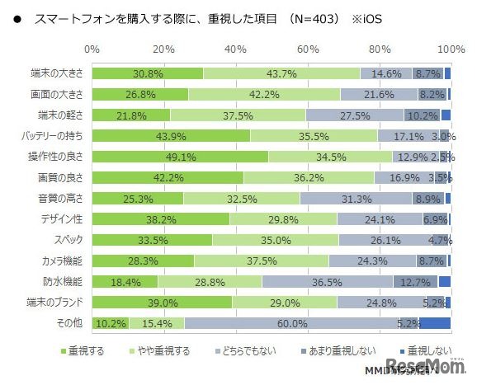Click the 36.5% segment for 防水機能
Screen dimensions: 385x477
327,281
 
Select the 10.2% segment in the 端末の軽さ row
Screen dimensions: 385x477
422,115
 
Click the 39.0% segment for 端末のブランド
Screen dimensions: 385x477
162,303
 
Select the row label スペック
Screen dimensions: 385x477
69,240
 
